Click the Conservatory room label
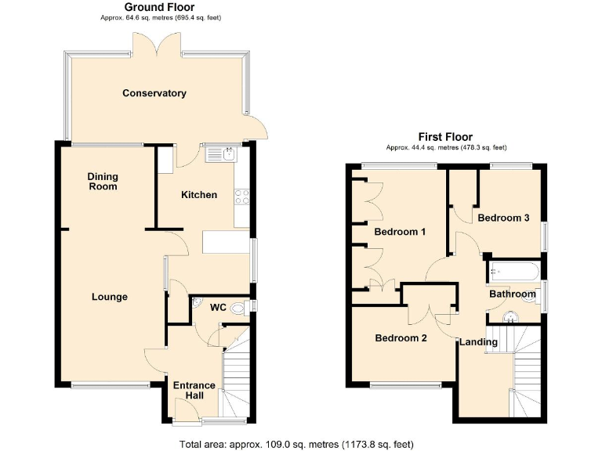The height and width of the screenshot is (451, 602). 154,93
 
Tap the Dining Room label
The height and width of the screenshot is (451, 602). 102,182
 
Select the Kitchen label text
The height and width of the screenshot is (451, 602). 199,194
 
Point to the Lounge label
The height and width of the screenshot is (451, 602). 110,297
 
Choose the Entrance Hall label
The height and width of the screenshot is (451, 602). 194,391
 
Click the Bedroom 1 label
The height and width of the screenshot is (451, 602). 400,233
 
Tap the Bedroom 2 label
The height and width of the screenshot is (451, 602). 400,338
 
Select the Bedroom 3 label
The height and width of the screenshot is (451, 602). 503,218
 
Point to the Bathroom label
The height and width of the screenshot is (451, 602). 513,294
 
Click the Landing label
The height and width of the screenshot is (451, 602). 478,342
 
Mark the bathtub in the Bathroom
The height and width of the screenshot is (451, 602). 513,272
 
